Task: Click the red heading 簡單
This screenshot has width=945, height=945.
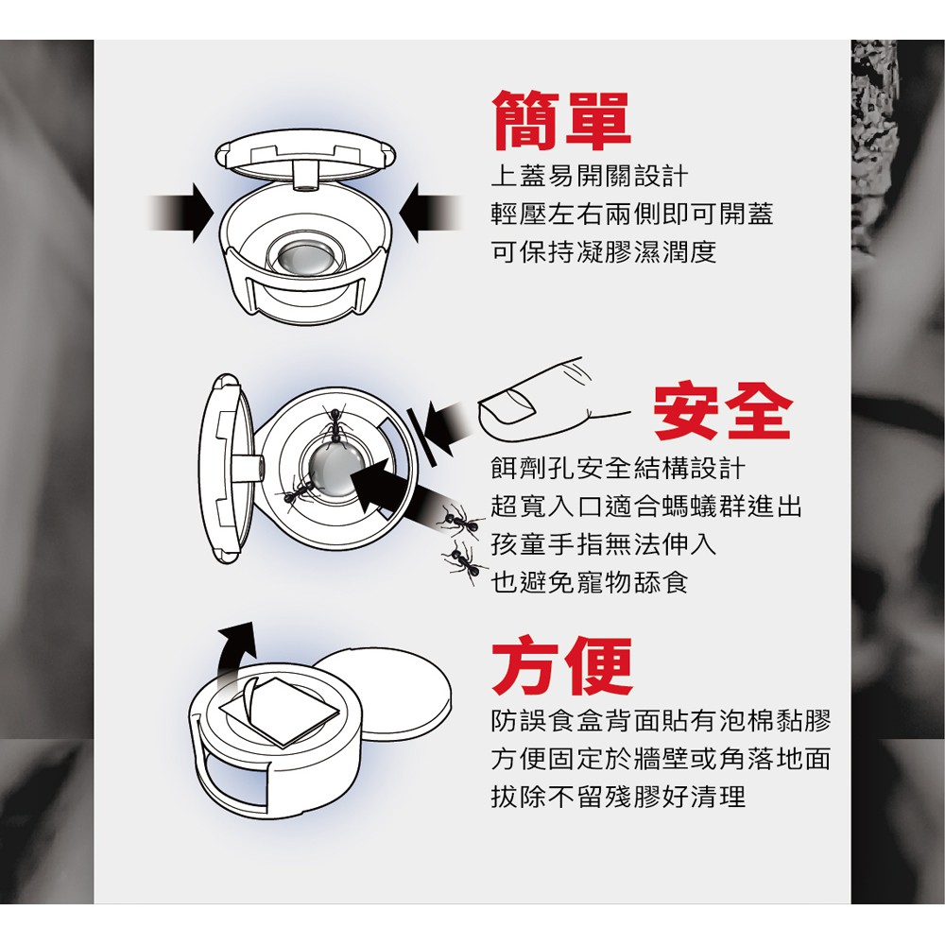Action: pos(561,121)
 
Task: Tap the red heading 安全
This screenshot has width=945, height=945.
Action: pos(721,411)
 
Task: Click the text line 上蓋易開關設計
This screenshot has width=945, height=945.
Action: pos(589,176)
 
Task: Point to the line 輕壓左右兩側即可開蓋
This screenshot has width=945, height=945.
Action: pos(631,214)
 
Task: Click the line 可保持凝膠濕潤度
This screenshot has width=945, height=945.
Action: pos(604,251)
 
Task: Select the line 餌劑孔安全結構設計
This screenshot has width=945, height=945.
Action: pos(618,468)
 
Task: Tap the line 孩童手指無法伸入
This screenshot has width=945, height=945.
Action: pos(604,544)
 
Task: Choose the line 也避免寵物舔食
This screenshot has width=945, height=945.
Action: pos(589,582)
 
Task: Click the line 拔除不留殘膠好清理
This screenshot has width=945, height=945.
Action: pos(618,796)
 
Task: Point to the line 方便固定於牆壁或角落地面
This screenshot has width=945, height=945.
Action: pos(661,758)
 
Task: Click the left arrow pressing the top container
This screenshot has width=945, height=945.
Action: pos(180,214)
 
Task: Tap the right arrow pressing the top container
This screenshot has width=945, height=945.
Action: pos(430,214)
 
